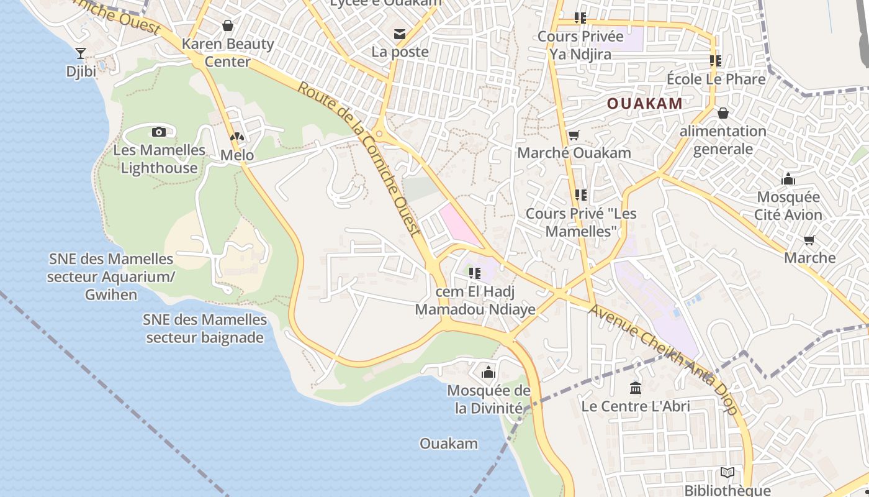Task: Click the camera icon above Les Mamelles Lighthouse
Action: [x=159, y=132]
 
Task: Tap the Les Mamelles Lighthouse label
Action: [x=159, y=159]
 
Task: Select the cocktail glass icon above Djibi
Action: [x=81, y=53]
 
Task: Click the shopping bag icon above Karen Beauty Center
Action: [x=228, y=25]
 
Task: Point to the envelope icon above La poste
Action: [x=400, y=34]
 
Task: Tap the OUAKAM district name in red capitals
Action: [x=645, y=104]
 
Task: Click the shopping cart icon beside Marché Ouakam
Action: [x=574, y=135]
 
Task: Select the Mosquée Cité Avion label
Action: [x=788, y=206]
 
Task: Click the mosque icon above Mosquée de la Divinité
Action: [x=489, y=372]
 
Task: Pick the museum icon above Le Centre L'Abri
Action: [x=636, y=388]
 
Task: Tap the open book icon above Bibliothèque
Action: [x=727, y=473]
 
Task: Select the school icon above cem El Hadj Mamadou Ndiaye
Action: [x=475, y=273]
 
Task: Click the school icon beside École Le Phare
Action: [x=716, y=61]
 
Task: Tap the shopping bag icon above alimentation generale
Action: [x=723, y=113]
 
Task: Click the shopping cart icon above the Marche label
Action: [x=809, y=240]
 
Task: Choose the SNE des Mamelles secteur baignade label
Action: [x=205, y=329]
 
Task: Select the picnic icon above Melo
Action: [x=237, y=137]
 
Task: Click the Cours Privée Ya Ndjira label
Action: [x=580, y=45]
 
